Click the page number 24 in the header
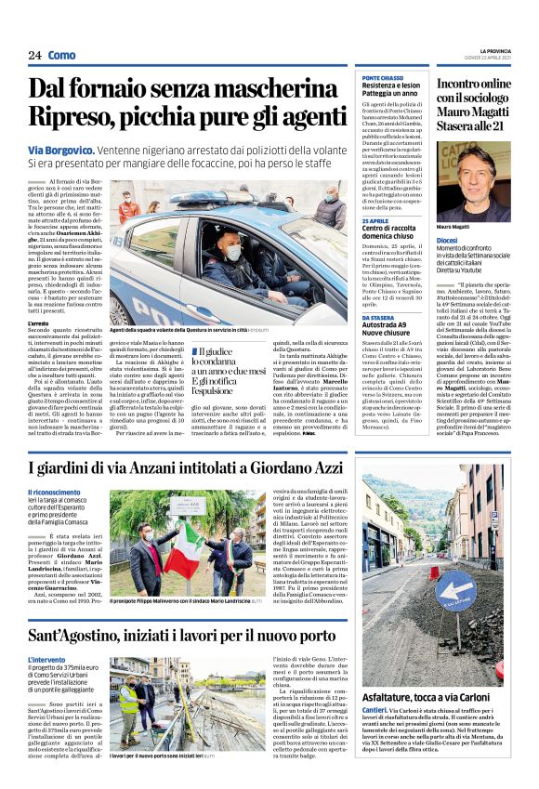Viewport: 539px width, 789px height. coord(34,56)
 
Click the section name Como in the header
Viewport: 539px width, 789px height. coord(63,56)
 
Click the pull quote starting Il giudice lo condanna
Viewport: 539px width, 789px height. coord(222,372)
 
